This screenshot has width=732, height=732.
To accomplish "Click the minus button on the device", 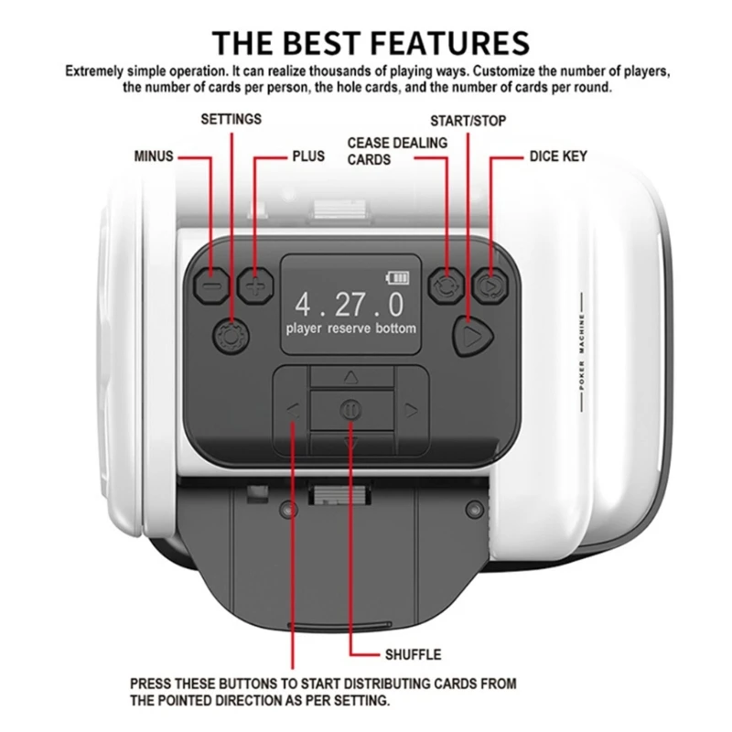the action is (x=211, y=285).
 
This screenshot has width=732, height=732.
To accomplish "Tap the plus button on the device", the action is (x=255, y=285).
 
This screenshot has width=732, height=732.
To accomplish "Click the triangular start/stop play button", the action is (x=472, y=336).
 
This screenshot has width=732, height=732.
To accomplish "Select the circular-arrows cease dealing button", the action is (x=446, y=285).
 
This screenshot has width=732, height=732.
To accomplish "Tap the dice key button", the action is (x=490, y=285).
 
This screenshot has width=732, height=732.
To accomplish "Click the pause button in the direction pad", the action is (x=350, y=410).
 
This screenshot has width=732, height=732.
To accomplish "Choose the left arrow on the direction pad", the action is (x=292, y=411).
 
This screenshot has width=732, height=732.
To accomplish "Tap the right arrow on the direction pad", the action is (x=411, y=411).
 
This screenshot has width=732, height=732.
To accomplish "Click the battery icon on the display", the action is (x=397, y=278).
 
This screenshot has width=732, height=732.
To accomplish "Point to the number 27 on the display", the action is (x=350, y=305).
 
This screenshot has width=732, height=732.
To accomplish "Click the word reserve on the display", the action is (x=350, y=328).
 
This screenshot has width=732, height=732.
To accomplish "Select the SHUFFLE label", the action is (x=414, y=654).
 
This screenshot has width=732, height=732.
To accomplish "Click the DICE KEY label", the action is (x=558, y=156).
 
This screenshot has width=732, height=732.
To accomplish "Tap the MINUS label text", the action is (x=154, y=156).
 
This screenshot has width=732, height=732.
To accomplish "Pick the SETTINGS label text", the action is (x=231, y=120).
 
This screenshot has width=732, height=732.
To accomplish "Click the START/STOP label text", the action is (x=468, y=121).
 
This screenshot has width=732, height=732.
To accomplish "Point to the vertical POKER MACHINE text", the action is (x=582, y=352).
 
